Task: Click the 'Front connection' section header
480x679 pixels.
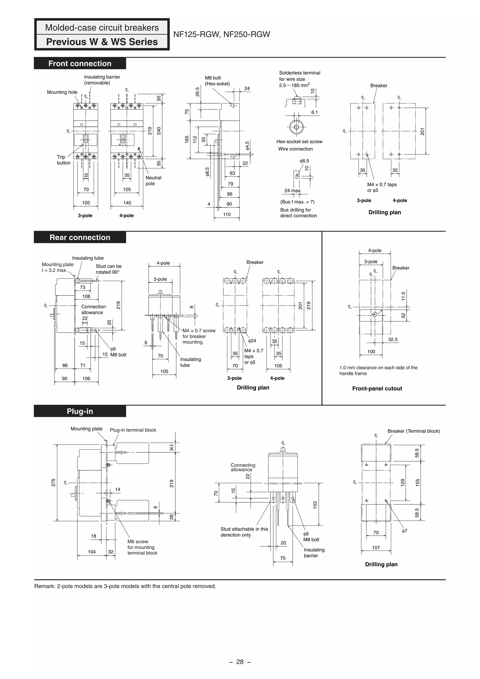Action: (80, 64)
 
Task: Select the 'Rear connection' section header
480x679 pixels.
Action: (80, 237)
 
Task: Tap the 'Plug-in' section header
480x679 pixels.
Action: (80, 411)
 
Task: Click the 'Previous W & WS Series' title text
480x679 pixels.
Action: (102, 42)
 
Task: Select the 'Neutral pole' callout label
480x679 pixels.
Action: (153, 181)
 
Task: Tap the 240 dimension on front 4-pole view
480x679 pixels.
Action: (159, 131)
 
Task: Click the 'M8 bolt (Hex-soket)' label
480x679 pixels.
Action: (217, 81)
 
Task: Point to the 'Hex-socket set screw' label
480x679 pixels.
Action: (299, 142)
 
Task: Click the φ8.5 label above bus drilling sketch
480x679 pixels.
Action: (304, 161)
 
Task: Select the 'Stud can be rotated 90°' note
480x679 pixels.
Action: (109, 269)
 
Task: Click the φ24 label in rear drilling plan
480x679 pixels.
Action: (252, 341)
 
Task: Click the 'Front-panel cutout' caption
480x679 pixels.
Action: (377, 389)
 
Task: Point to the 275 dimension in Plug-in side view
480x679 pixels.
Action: (53, 483)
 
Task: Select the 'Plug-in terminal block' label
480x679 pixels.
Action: (133, 430)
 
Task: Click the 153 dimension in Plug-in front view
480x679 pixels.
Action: (315, 505)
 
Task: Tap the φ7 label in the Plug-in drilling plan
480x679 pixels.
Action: (405, 531)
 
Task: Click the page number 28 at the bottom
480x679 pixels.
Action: (240, 662)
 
